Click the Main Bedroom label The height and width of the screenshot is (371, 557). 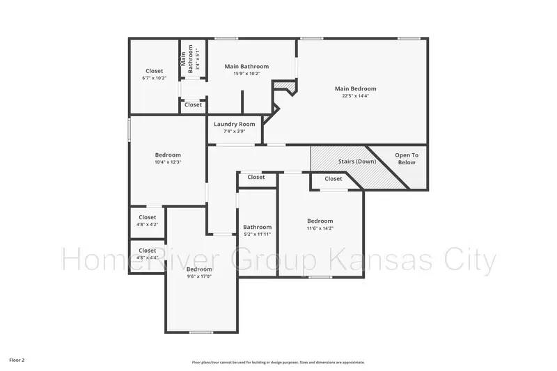point(355,88)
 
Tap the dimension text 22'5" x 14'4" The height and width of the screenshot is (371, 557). point(355,96)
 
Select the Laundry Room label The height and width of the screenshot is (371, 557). point(234,124)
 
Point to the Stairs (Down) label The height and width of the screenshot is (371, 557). point(356,161)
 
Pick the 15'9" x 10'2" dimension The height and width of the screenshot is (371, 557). point(246,74)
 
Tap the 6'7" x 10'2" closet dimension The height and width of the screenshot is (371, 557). point(154,78)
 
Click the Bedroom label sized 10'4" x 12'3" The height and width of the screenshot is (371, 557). point(168,155)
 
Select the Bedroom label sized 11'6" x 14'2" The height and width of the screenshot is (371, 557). point(320,221)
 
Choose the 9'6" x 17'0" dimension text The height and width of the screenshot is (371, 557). point(199,276)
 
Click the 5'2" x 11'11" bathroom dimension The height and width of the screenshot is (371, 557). point(257,235)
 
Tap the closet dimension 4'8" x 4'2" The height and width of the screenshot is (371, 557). point(147,224)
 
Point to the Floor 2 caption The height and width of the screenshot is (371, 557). point(17,361)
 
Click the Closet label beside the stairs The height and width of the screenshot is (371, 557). point(334,179)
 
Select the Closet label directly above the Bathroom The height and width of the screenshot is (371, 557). point(256,177)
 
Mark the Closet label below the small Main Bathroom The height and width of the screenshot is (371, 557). point(193,105)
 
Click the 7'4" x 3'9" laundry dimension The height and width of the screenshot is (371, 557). point(234,132)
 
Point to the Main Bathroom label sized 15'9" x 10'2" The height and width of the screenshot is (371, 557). point(246,66)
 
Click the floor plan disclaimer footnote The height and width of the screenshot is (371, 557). point(278,362)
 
